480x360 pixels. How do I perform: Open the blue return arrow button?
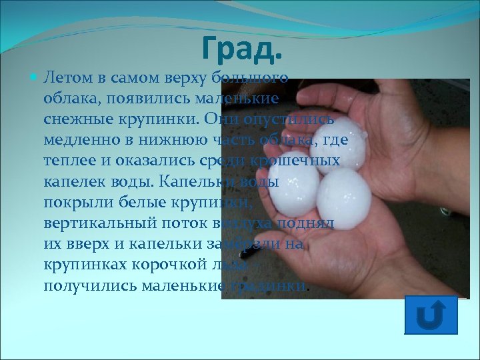[x=431, y=316]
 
